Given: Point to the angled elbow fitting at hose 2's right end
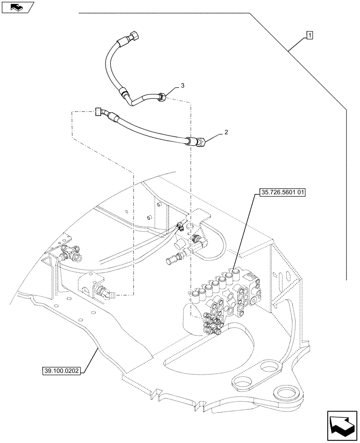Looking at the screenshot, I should pyautogui.click(x=199, y=143).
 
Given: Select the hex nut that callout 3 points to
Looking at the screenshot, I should pyautogui.click(x=162, y=97).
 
